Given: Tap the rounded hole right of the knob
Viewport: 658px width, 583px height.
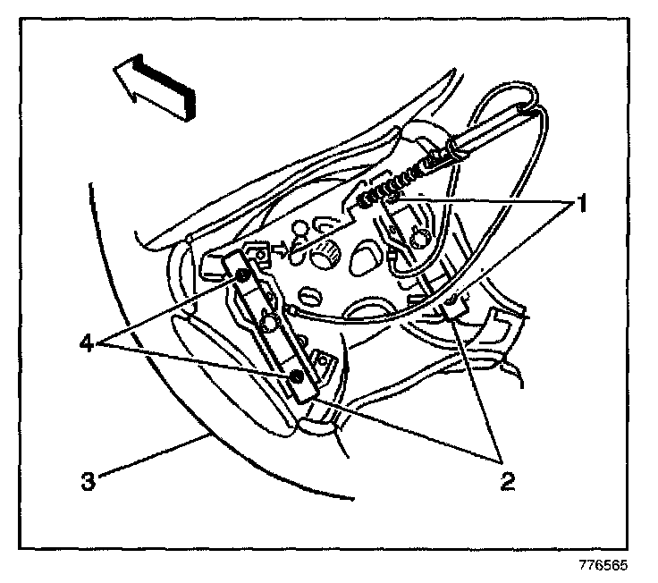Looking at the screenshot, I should coord(366,260).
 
